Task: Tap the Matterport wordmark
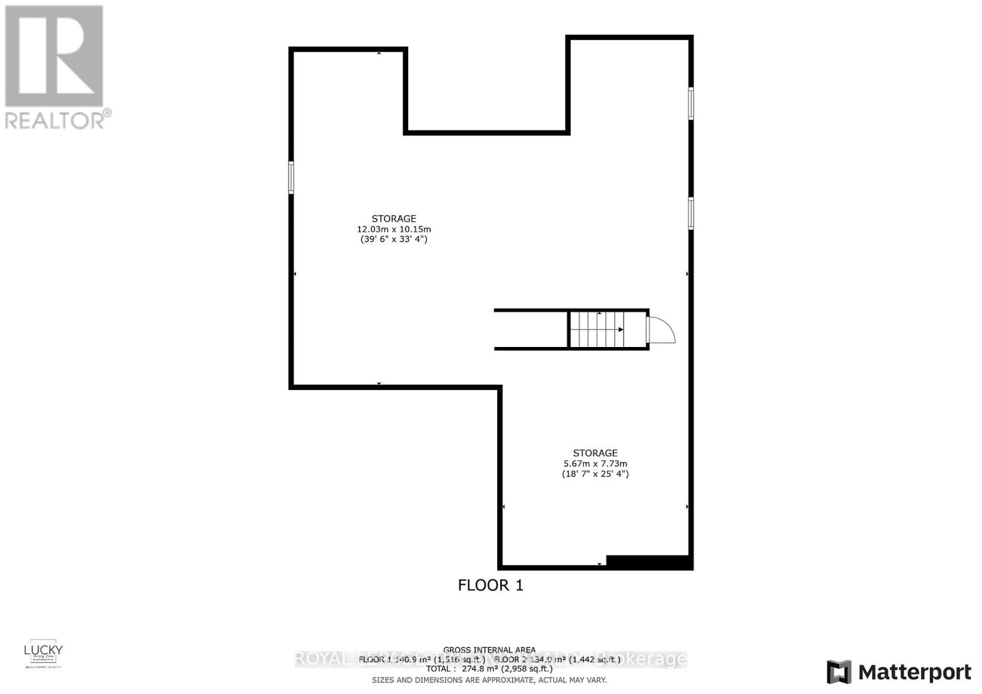[915, 672]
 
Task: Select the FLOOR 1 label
[490, 585]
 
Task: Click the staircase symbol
[597, 329]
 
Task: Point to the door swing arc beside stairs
[662, 329]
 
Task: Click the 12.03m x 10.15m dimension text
[393, 229]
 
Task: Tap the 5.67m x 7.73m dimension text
[595, 463]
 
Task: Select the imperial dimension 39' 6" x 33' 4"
[393, 239]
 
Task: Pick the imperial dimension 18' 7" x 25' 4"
[595, 474]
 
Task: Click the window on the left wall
[291, 177]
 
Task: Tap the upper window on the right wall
[690, 103]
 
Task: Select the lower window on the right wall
[690, 213]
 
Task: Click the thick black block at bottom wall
[649, 562]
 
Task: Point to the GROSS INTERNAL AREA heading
[489, 650]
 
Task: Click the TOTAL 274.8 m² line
[489, 669]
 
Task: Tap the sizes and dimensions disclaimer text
[489, 680]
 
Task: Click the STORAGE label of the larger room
[393, 218]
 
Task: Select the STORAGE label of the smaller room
[595, 453]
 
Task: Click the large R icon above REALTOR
[54, 56]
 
